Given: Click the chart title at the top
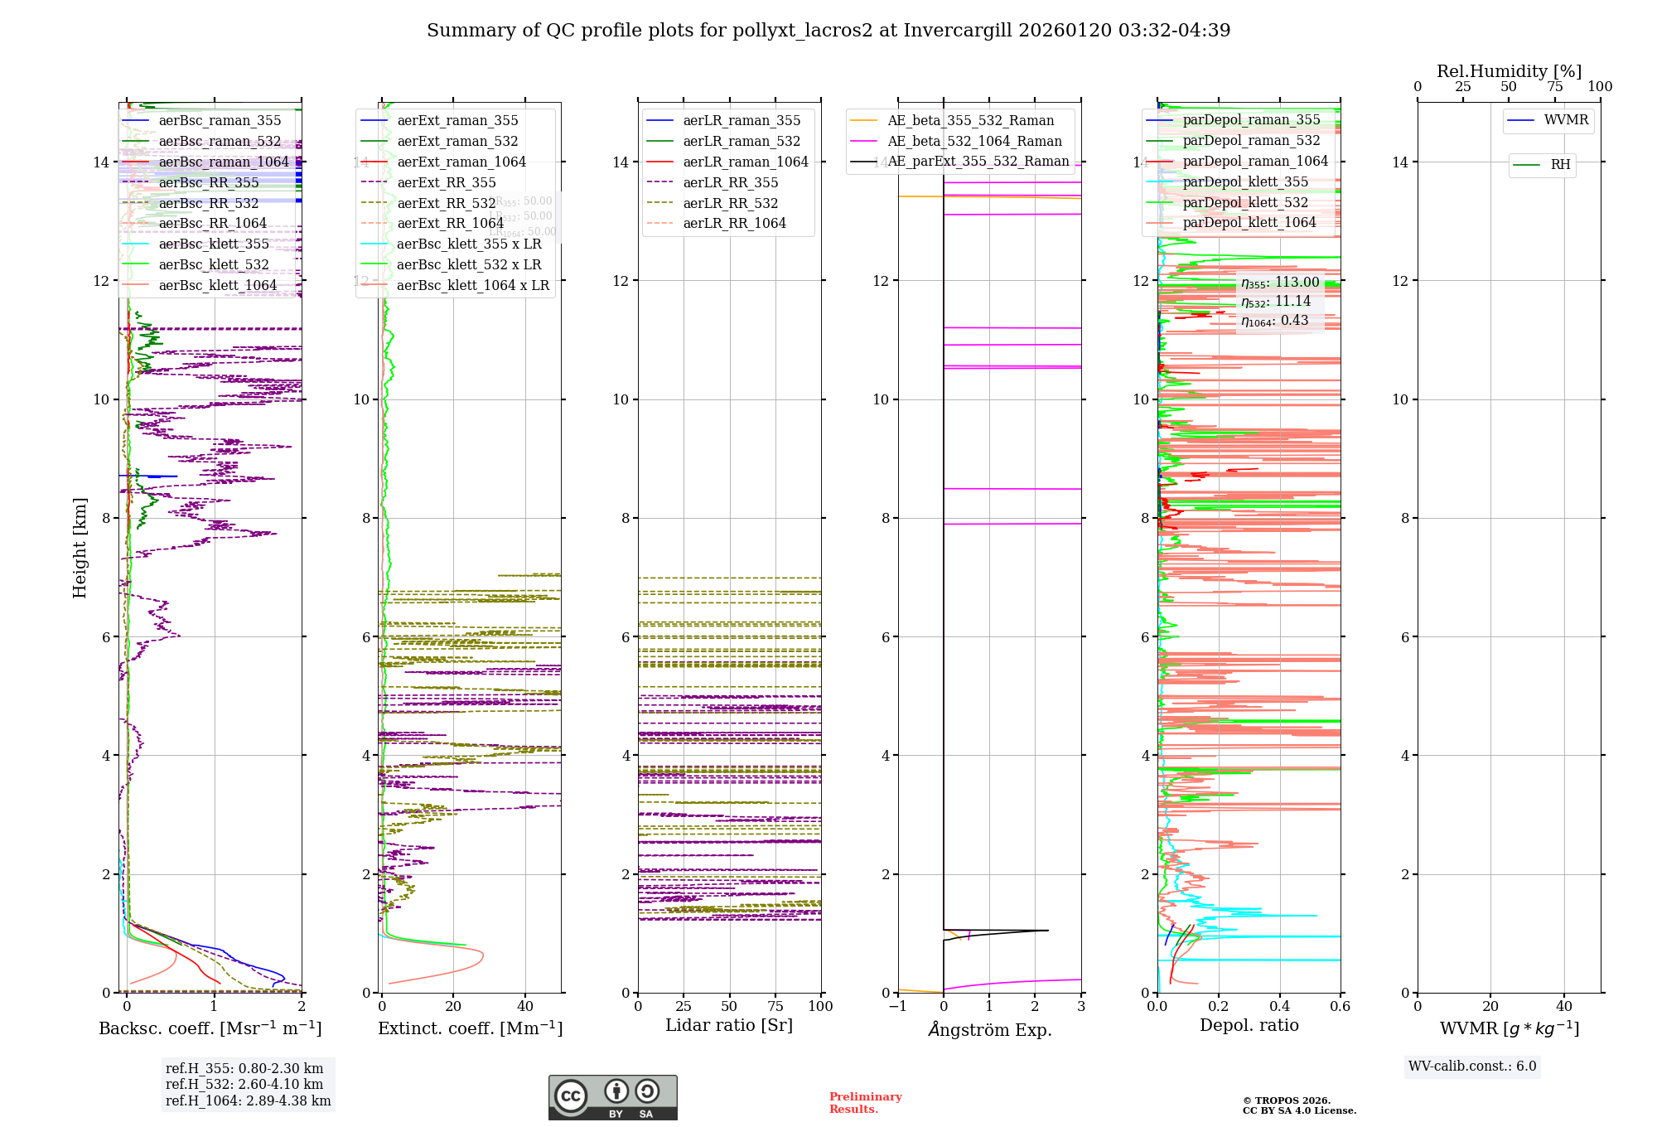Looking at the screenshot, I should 828,31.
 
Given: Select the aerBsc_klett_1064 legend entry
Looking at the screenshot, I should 217,285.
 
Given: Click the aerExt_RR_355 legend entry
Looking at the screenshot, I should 446,182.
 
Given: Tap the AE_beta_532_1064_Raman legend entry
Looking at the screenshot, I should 974,141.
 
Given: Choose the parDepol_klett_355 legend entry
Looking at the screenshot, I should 1244,181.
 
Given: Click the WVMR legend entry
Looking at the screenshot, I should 1565,120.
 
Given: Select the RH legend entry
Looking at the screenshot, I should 1560,165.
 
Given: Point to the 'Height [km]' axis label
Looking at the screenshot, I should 80,547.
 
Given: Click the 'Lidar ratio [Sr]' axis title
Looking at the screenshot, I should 729,1025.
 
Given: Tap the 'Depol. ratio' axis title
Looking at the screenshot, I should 1249,1025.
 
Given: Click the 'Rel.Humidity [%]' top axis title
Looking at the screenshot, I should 1509,71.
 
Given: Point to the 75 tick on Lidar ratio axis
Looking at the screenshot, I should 775,1006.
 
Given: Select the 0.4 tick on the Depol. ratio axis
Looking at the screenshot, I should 1279,1006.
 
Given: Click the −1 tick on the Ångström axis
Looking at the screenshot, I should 897,1006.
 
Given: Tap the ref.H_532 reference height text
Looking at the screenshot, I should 244,1084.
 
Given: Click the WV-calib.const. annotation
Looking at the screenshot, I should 1472,1067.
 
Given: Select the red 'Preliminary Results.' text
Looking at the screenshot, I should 865,1102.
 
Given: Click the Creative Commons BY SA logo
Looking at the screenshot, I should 612,1097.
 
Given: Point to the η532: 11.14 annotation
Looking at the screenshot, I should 1276,302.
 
